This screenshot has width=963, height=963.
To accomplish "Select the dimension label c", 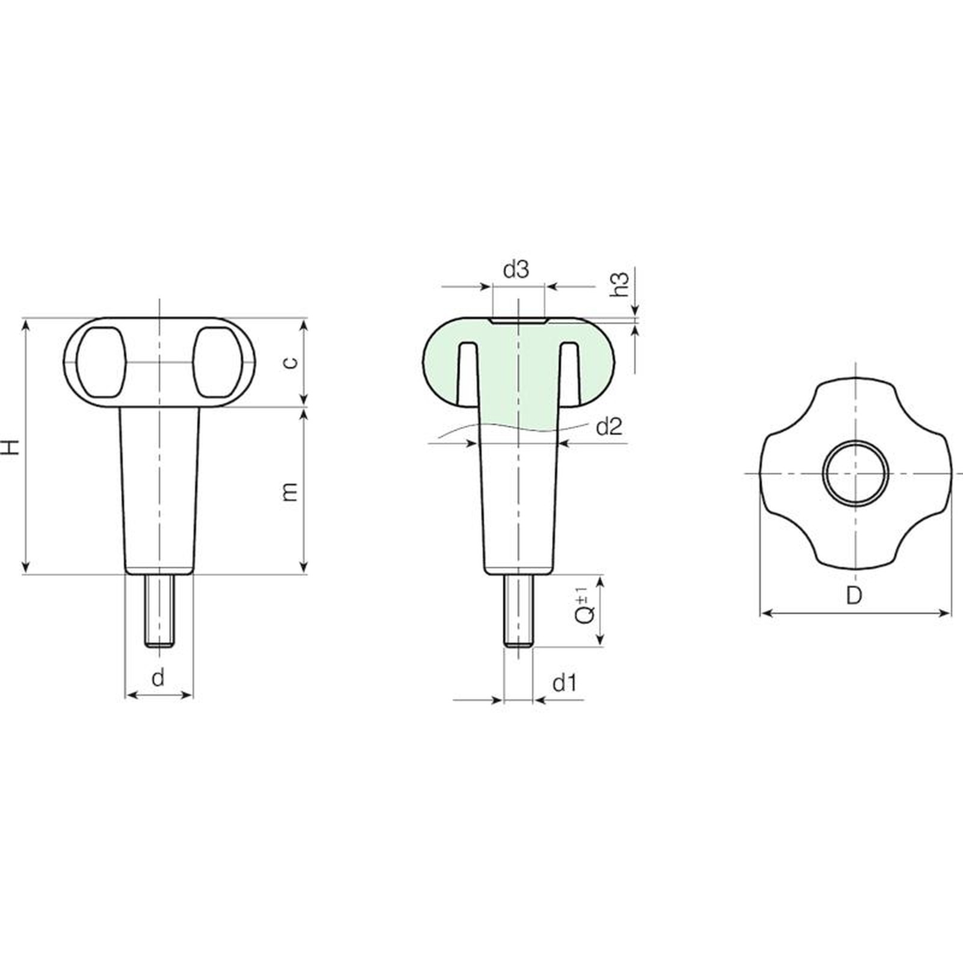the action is tap(291, 362).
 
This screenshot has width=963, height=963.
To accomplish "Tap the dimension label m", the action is tap(291, 491).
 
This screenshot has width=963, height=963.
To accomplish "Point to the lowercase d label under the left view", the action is tap(158, 678).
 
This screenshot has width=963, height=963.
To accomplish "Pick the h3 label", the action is tap(619, 283).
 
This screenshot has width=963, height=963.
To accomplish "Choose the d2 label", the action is tap(608, 427).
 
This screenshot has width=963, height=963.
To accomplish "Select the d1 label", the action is tap(565, 683).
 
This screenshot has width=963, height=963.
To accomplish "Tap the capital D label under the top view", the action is tap(854, 595).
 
